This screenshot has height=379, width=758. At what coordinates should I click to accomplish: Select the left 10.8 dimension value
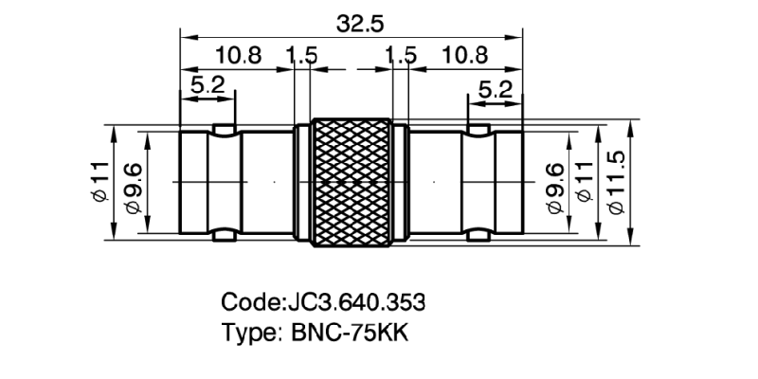237,56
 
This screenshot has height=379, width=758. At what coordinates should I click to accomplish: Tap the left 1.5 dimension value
301,56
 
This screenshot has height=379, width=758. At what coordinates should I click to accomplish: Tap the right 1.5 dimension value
402,56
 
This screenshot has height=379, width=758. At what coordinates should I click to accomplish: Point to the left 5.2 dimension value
208,87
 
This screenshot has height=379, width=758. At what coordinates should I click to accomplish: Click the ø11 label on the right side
584,185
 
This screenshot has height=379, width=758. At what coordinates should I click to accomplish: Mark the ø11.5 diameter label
618,182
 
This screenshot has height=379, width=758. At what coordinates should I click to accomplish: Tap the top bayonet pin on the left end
225,128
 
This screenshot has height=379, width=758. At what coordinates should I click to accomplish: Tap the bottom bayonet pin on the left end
225,233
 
